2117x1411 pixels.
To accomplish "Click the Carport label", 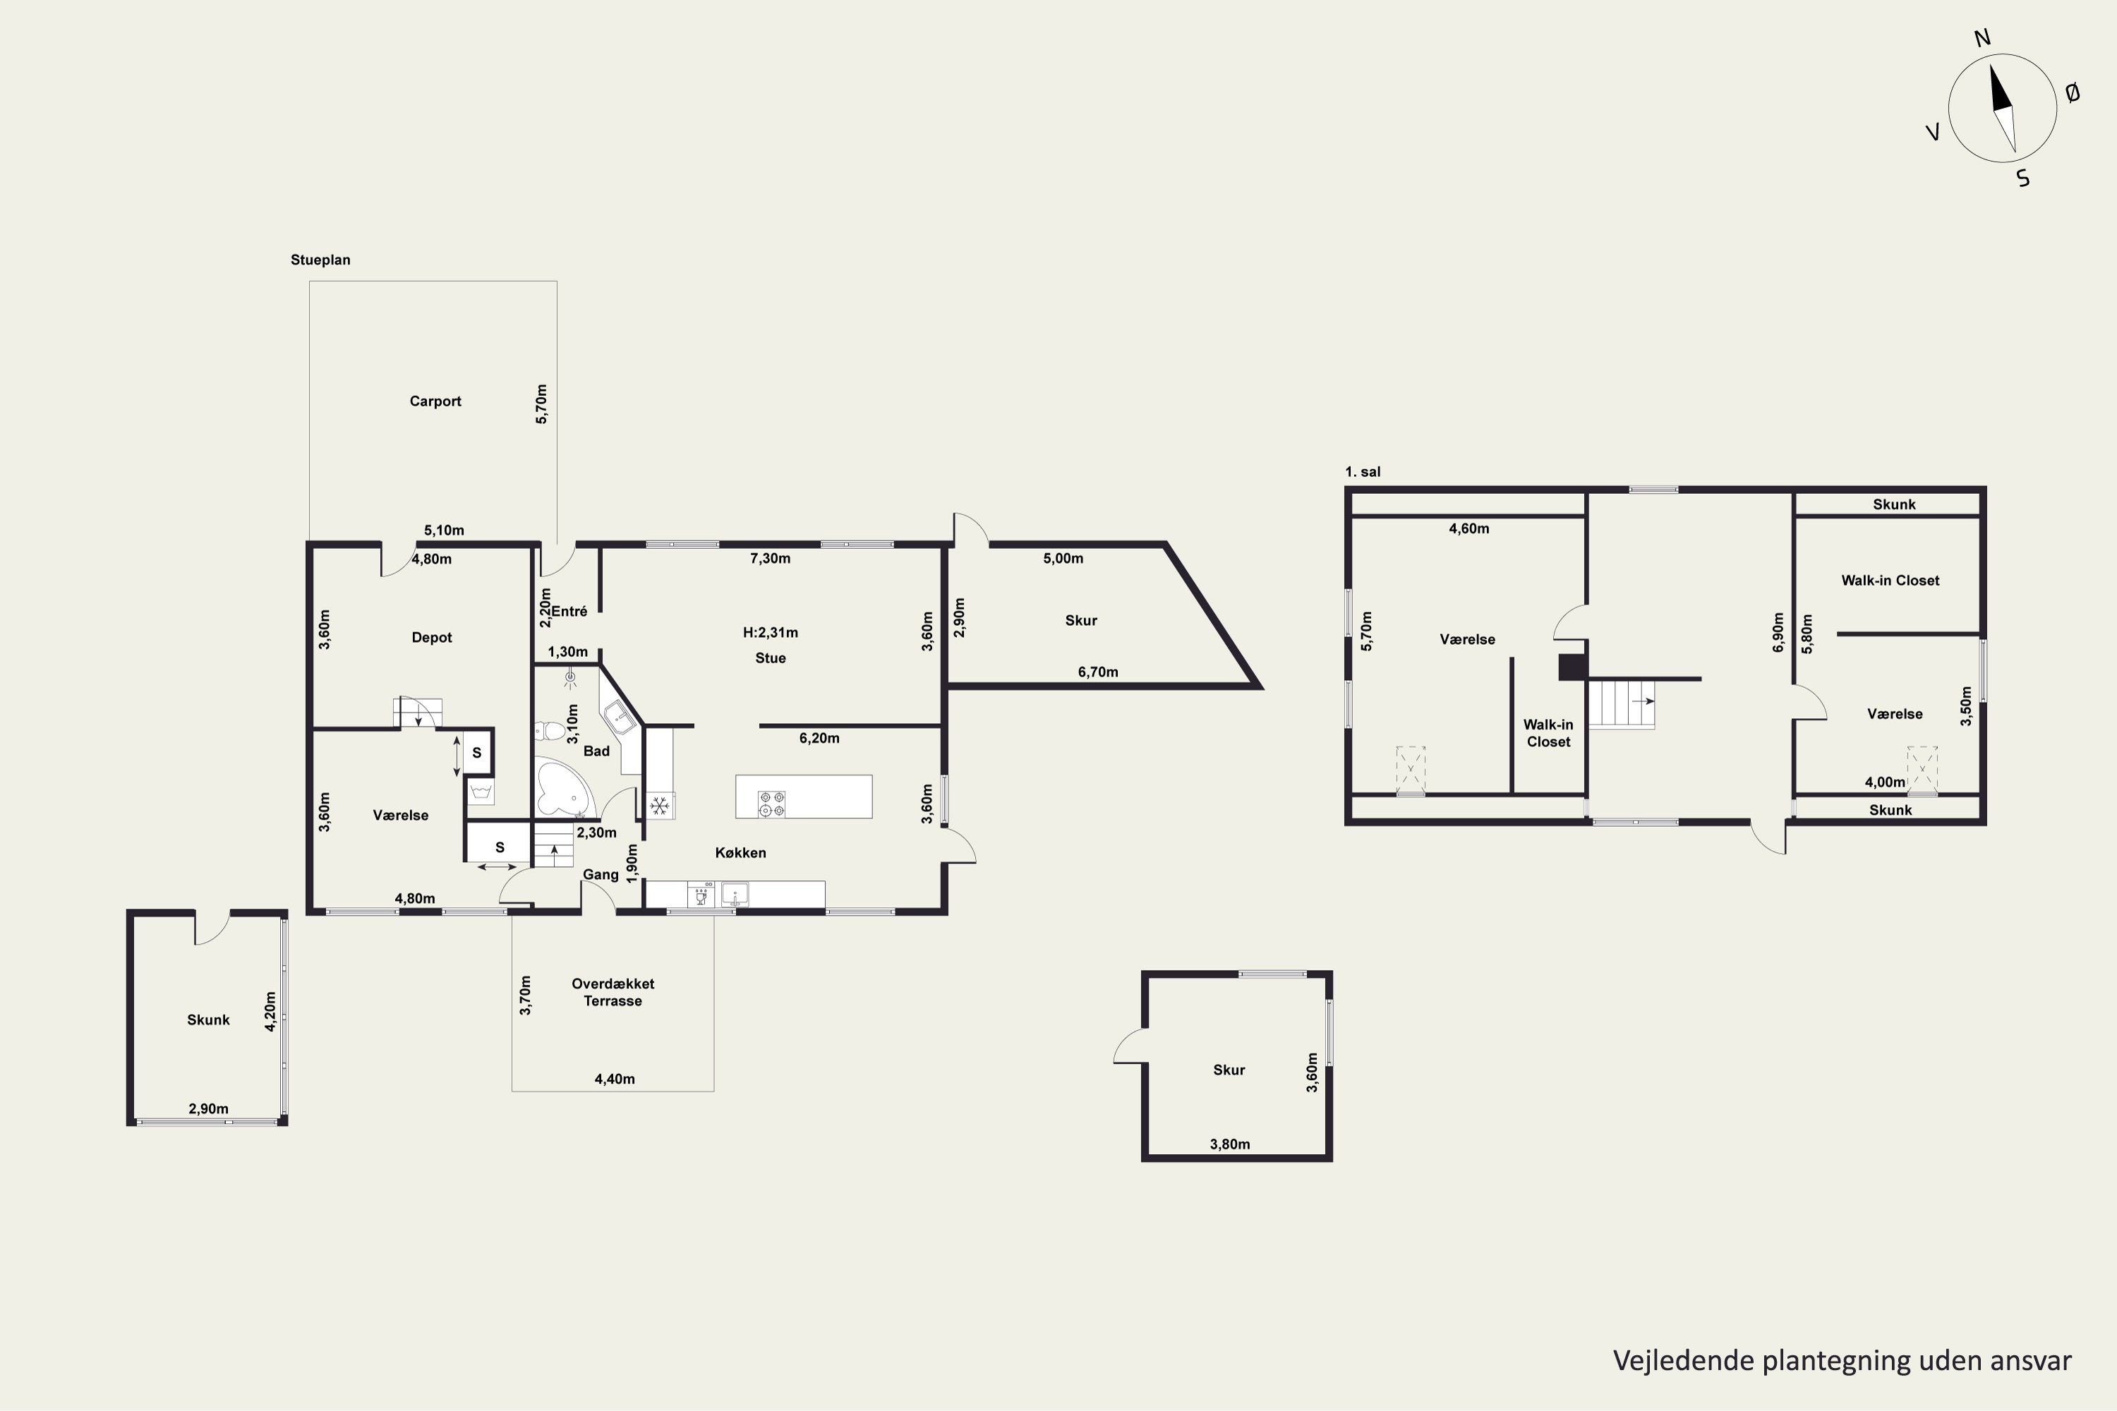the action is coord(435,401).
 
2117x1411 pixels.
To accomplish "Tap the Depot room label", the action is coord(431,637).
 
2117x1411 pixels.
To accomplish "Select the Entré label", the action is coord(569,611).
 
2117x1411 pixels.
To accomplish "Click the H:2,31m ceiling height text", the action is coord(771,633).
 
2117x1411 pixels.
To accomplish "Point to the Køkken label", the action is coord(741,852).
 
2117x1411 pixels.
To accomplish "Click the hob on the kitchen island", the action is coord(771,804).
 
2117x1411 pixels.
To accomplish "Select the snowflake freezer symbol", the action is coord(660,806).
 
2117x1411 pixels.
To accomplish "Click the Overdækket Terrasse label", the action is coord(613,992).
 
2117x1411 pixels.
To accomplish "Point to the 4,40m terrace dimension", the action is coord(615,1079).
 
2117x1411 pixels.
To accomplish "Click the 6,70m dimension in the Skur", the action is coord(1098,672).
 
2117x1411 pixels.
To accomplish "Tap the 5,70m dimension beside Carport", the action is coord(541,404).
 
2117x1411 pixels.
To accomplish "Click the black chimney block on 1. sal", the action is coord(1572,667).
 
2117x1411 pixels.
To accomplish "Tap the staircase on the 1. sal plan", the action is coord(1621,703).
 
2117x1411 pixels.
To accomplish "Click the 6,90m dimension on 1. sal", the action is coord(1778,633).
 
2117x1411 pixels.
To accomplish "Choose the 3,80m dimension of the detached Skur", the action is coord(1229,1144).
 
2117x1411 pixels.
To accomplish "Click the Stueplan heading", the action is coord(320,260).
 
